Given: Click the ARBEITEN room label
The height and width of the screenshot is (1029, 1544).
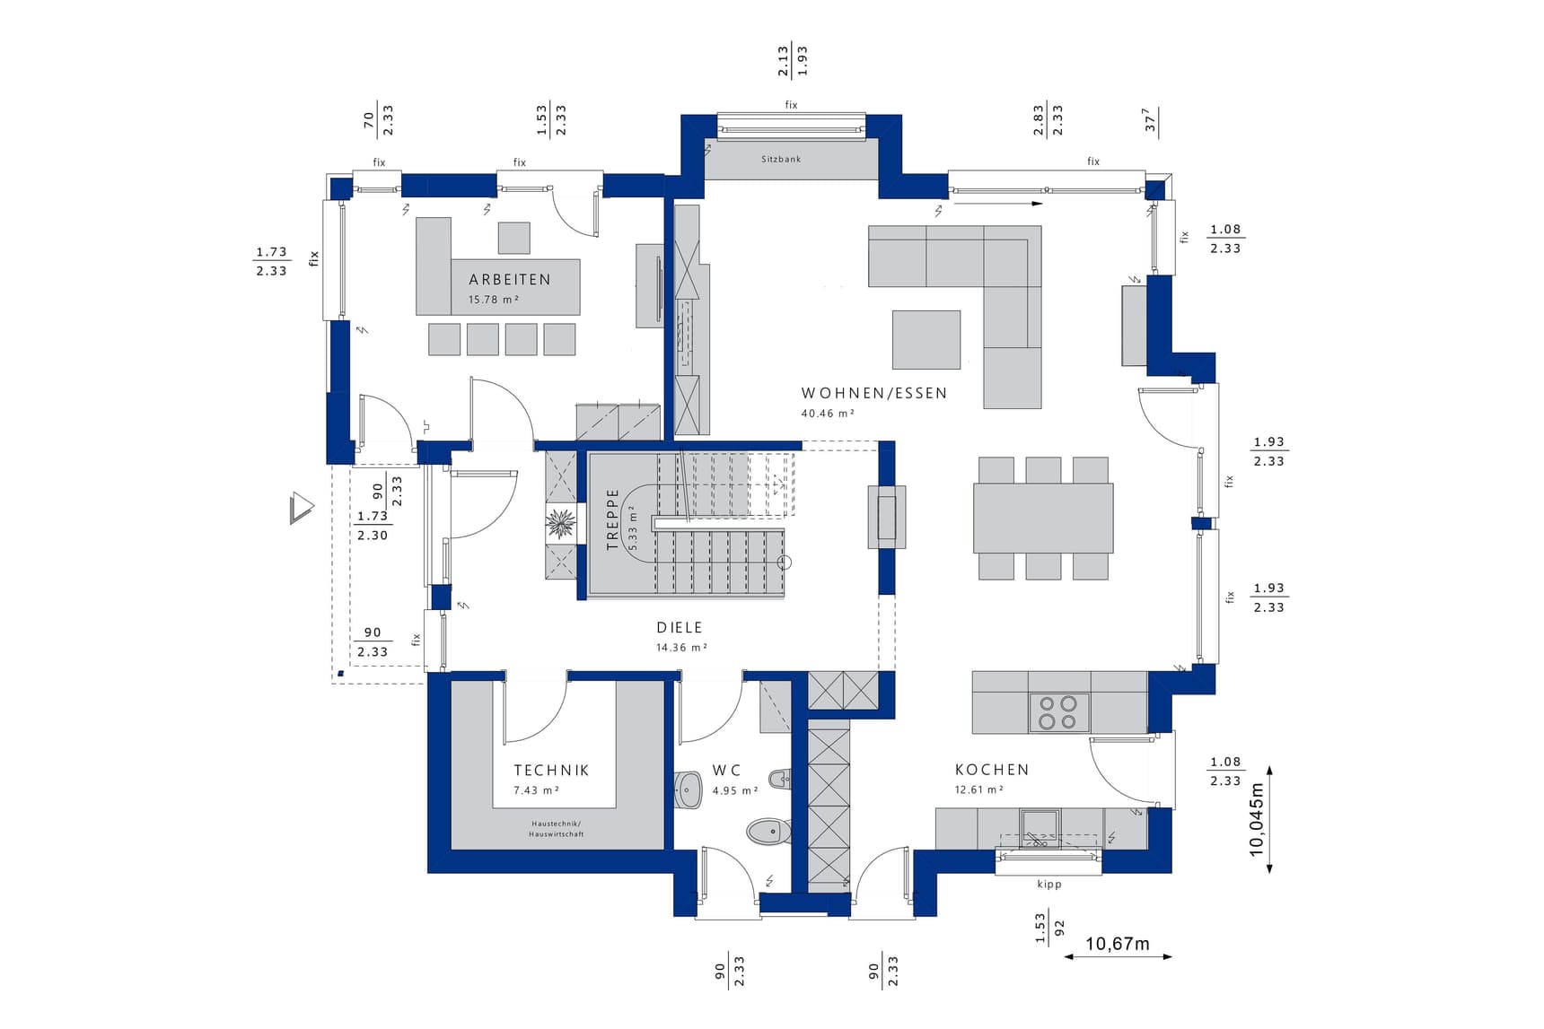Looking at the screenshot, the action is tap(509, 280).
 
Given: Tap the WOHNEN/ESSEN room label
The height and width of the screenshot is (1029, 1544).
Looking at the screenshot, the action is tap(874, 393).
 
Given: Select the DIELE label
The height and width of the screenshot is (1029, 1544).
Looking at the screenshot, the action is tap(680, 628).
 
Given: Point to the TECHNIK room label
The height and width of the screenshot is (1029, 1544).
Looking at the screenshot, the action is tap(551, 770).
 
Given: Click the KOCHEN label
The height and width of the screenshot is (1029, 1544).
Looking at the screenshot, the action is tap(992, 770).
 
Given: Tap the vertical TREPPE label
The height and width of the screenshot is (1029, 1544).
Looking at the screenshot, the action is tap(613, 519).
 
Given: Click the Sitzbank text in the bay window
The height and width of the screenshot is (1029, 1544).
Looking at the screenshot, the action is tap(781, 159).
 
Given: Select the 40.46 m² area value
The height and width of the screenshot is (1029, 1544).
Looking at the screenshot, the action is tap(828, 414).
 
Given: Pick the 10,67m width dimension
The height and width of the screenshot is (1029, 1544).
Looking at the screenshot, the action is tap(1118, 944).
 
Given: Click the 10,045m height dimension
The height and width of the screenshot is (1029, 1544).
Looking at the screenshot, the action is tap(1257, 819).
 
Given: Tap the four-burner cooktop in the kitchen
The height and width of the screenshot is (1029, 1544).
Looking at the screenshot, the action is tap(1058, 712).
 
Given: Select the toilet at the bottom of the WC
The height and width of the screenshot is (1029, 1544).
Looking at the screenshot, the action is tap(768, 832).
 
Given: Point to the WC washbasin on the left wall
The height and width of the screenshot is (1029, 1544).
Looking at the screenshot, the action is tap(689, 789).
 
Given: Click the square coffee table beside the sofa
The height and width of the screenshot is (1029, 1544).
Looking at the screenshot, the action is tap(926, 340).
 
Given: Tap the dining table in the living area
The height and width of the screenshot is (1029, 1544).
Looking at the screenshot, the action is tap(1043, 519).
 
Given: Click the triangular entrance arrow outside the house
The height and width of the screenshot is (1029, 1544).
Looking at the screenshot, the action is tap(302, 508).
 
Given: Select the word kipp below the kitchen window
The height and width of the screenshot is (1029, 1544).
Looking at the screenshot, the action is tap(1049, 885).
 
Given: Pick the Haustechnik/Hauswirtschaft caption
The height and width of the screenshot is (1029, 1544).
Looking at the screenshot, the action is tap(556, 829).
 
